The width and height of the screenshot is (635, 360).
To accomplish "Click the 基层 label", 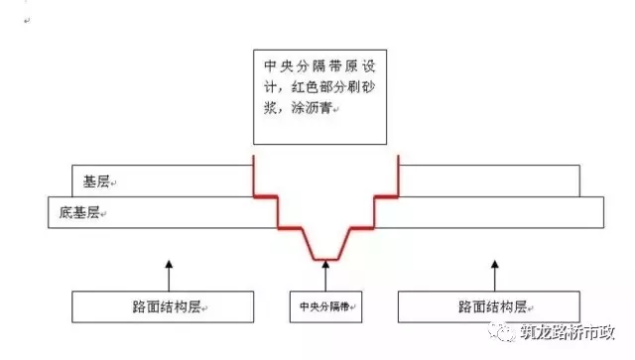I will pos(96,182).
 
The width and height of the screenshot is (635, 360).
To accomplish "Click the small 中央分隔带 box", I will pos(325,306).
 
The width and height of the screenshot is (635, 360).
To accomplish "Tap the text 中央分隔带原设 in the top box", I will pos(317,67).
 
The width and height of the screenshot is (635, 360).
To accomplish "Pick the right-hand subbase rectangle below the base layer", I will pos(490,212).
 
